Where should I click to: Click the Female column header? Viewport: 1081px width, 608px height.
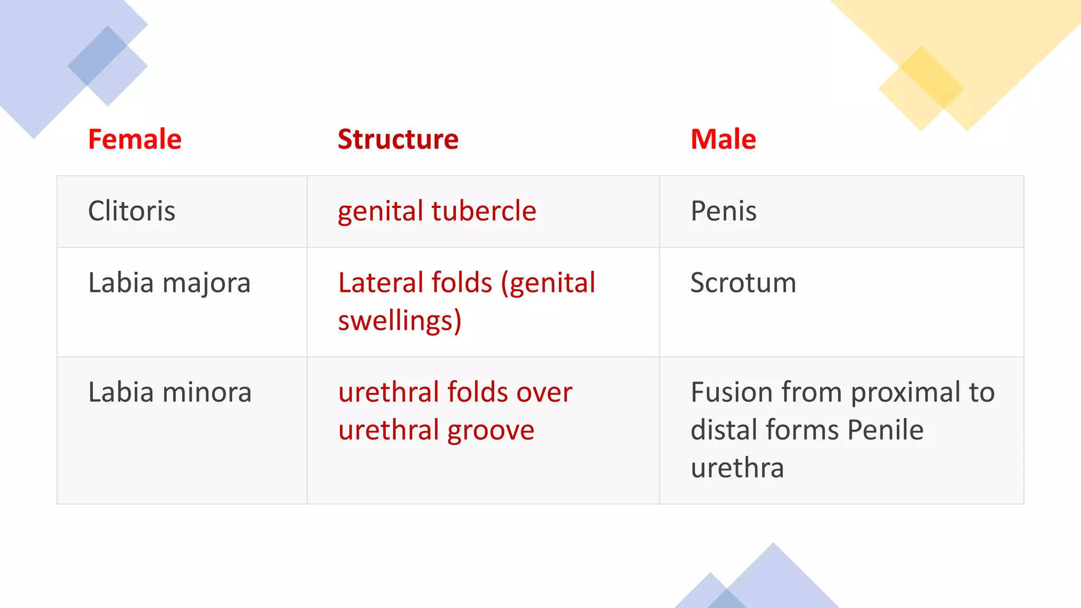coord(135,139)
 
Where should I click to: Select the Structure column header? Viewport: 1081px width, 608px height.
coord(398,139)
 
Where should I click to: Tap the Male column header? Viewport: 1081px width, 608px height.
coord(723,139)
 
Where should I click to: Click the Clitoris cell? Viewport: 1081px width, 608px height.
coord(131,211)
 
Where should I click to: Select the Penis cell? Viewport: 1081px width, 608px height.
coord(723,211)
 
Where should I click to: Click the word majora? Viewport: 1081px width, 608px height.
coord(206,283)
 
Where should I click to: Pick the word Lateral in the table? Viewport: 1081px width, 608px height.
coord(380,282)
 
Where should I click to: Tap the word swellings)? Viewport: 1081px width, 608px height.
coord(400,321)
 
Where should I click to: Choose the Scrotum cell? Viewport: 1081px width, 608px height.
coord(743,283)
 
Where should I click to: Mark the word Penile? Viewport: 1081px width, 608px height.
coord(885,430)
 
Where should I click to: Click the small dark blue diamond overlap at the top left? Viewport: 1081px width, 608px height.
coord(98,55)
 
